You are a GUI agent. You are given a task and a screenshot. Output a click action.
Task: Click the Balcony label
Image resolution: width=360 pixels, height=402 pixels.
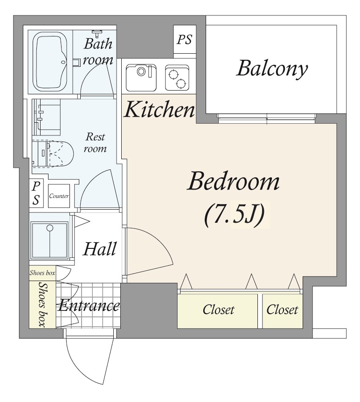point(272,68)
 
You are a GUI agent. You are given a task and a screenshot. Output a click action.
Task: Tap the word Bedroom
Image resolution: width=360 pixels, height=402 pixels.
point(233,182)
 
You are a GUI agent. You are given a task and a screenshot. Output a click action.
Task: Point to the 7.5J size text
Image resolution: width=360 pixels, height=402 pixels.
point(234,215)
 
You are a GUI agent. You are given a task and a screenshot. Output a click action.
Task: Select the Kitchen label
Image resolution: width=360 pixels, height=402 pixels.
point(159,109)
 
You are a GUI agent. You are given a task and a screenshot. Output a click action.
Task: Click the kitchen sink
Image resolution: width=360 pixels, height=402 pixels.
point(141,78)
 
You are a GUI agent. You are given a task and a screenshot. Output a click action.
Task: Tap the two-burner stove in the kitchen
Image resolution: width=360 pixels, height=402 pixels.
point(177,78)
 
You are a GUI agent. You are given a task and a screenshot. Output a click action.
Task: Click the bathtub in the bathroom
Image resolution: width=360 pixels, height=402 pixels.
point(50,62)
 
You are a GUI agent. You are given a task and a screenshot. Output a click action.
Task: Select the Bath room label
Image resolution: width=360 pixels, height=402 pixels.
point(98,51)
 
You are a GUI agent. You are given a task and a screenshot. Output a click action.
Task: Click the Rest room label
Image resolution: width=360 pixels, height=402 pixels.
point(95,142)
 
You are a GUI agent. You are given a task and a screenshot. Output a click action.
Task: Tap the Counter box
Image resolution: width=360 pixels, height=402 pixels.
point(59,196)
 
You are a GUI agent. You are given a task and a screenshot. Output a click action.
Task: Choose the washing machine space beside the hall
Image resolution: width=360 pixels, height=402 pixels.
point(50,240)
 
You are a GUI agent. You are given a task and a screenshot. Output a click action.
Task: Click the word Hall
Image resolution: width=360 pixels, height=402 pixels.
point(100,249)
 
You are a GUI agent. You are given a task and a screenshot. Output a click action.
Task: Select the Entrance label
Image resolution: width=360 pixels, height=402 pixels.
point(89,306)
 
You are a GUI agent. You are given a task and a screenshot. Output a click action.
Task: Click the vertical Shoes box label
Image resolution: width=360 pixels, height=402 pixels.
point(43,304)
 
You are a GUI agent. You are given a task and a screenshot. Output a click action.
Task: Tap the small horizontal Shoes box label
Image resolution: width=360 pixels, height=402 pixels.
point(42,273)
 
